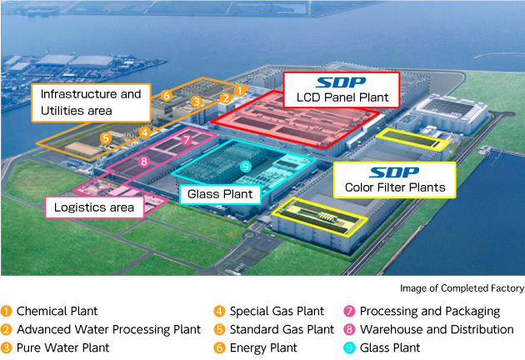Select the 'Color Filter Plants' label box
click(394, 179)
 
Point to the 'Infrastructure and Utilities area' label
click(91, 102)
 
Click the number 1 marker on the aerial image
click(238, 90)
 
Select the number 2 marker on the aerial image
click(225, 98)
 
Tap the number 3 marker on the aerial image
click(196, 102)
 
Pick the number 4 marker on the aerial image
click(145, 132)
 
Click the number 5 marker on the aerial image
click(106, 138)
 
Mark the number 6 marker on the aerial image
click(167, 96)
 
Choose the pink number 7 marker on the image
click(187, 140)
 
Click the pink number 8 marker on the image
click(144, 161)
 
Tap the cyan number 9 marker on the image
click(245, 167)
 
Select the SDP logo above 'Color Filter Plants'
click(394, 172)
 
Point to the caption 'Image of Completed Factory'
click(462, 288)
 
